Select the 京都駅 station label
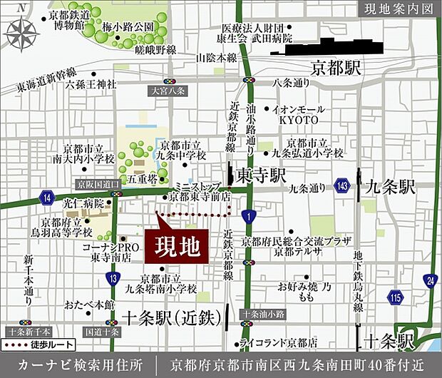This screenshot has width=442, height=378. point(337,69)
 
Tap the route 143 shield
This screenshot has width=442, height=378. point(343,186)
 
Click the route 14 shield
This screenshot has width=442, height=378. point(48,197)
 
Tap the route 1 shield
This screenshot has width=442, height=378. point(247,215)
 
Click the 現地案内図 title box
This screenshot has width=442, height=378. point(396,10)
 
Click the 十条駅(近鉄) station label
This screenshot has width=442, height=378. point(170,320)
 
